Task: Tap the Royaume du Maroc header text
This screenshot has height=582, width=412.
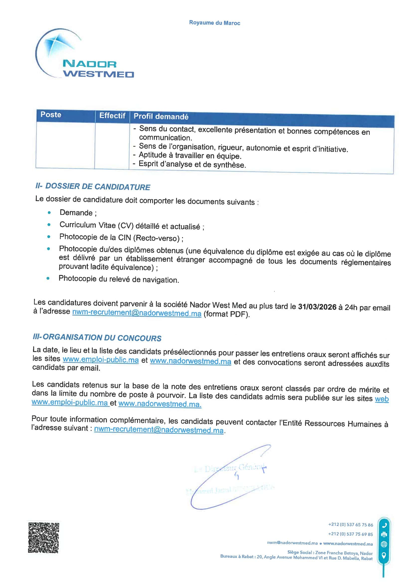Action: pos(214,23)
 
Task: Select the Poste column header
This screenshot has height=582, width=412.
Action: pos(51,115)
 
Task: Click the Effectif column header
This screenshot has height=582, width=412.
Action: pos(112,116)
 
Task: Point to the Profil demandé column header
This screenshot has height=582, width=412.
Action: pos(161,116)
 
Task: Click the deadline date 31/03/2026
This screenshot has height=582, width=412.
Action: pos(317,307)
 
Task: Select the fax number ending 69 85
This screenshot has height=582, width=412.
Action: pos(350,534)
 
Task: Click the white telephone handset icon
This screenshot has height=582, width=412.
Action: pos(384,525)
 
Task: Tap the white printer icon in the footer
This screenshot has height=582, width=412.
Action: pos(384,535)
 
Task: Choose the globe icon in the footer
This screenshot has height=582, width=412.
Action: pos(384,544)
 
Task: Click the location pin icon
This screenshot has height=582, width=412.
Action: pos(384,556)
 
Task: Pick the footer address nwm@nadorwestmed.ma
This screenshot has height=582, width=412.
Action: pos(292,543)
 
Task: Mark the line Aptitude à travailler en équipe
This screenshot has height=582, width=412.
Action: pos(190,155)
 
